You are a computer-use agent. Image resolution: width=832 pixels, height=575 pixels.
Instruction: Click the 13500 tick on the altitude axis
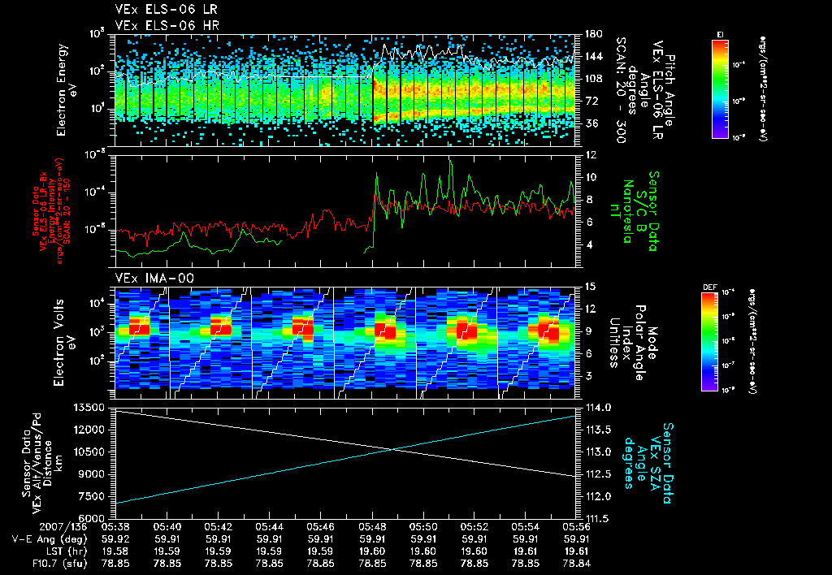(x=90, y=407)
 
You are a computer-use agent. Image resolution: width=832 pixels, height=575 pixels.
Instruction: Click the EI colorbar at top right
(x=720, y=88)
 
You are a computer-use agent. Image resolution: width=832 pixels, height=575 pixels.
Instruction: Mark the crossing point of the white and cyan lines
(x=396, y=449)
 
